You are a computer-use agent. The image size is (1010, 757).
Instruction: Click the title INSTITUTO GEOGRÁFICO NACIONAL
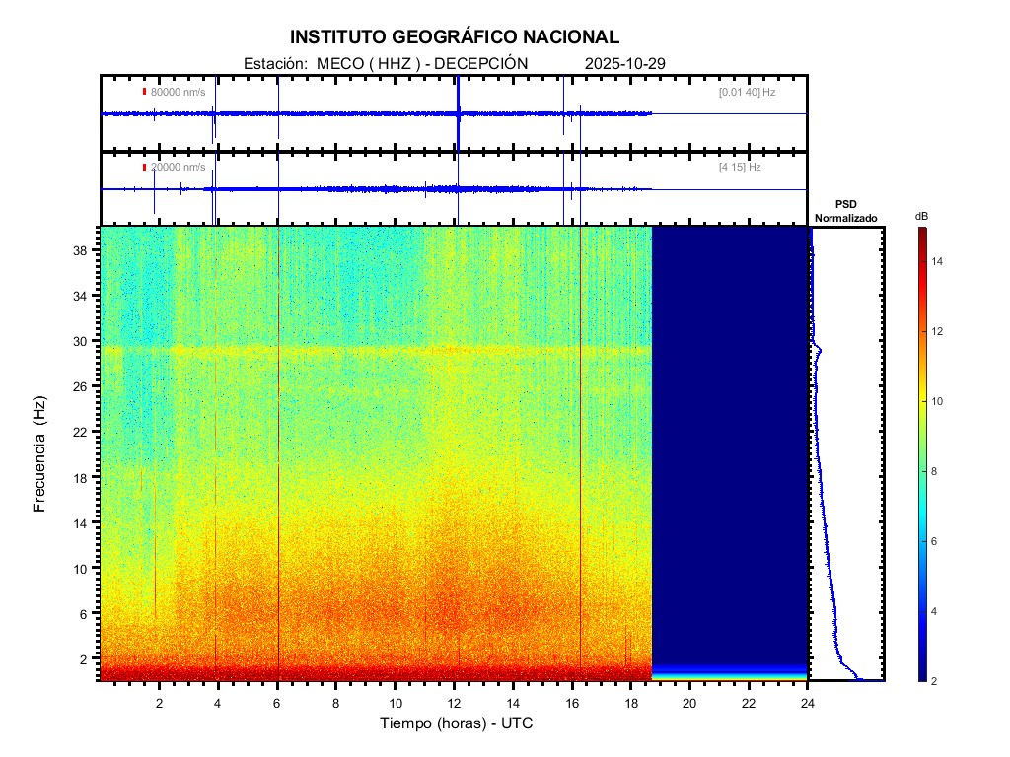tap(455, 37)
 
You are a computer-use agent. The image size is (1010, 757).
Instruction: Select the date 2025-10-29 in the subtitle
tap(625, 64)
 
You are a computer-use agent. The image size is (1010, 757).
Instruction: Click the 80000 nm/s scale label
tap(178, 92)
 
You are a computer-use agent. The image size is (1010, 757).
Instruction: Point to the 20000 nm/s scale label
tap(178, 168)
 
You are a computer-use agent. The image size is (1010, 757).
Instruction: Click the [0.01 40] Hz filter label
tap(747, 92)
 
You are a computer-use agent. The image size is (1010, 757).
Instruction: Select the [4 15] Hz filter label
tap(740, 168)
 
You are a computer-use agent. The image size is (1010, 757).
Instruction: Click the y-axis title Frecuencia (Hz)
tap(40, 454)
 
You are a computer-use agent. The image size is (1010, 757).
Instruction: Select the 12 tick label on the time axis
tap(454, 703)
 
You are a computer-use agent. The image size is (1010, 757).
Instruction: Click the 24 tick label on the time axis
tap(808, 703)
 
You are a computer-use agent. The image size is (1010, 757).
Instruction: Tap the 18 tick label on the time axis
tap(631, 703)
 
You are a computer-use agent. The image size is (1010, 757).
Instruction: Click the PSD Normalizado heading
tap(845, 211)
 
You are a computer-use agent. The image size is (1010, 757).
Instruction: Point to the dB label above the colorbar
tap(921, 216)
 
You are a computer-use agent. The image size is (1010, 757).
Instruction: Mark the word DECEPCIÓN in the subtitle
tap(481, 64)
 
